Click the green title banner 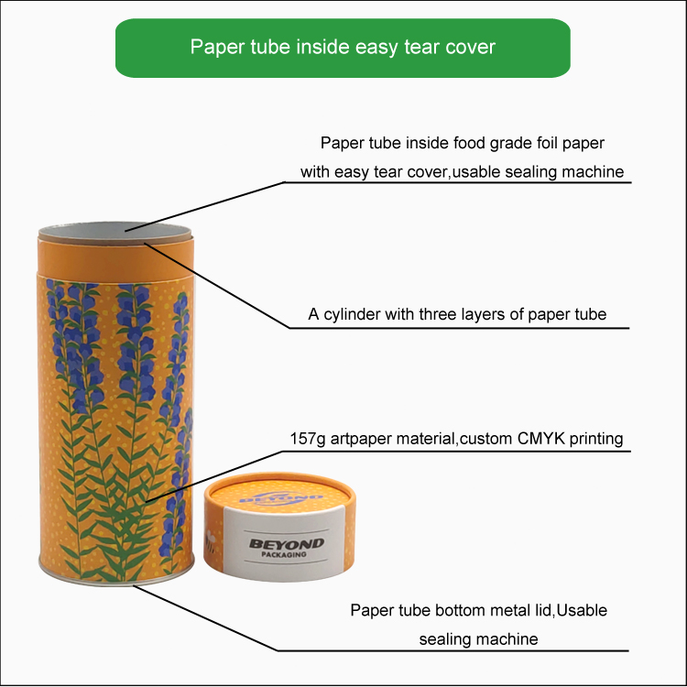pyautogui.click(x=343, y=48)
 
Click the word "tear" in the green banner pyautogui.click(x=420, y=47)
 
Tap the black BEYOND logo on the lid pyautogui.click(x=287, y=544)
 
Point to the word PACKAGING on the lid pyautogui.click(x=284, y=554)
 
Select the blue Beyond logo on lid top pyautogui.click(x=281, y=498)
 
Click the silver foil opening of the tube pyautogui.click(x=114, y=232)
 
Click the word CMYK pyautogui.click(x=541, y=439)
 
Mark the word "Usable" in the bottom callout pyautogui.click(x=582, y=610)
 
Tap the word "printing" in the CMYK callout pyautogui.click(x=596, y=439)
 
